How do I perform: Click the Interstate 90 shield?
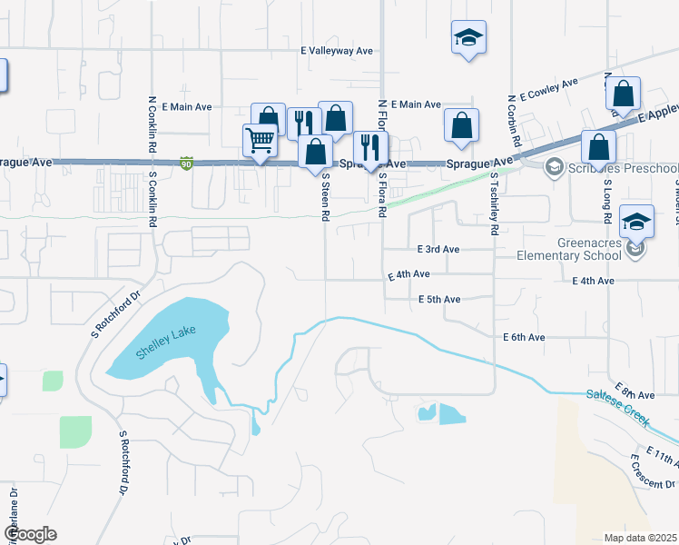click(187, 163)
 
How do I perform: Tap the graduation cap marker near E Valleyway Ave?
click(467, 38)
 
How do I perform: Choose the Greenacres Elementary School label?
click(568, 249)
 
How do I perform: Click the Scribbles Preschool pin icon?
click(553, 167)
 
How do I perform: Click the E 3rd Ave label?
click(438, 249)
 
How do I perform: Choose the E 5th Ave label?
click(440, 299)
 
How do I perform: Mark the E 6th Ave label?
click(524, 337)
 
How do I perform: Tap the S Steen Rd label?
click(324, 200)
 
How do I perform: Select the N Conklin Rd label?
click(152, 124)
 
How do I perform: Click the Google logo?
click(30, 534)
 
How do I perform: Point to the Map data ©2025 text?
click(639, 538)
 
